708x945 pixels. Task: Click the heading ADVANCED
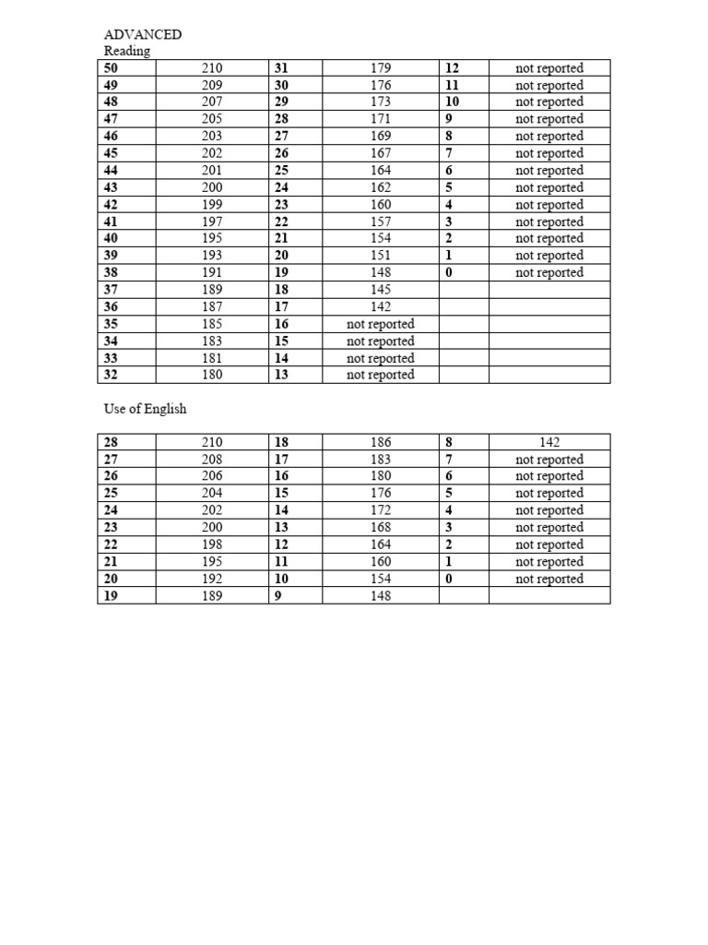(143, 34)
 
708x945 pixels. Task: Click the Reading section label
(127, 51)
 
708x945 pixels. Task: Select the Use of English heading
(146, 408)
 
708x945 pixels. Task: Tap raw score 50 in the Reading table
(112, 68)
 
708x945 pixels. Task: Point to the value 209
(212, 85)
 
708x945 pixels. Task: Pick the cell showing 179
(381, 68)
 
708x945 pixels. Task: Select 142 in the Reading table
(381, 306)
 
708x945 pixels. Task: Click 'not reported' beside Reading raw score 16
(381, 324)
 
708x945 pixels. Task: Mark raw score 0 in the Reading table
(449, 272)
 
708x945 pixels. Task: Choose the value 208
(212, 459)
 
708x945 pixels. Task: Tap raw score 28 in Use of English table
(112, 442)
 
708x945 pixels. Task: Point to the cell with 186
(381, 442)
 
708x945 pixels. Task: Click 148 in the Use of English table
(381, 596)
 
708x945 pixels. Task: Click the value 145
(381, 290)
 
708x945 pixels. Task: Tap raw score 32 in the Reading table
(112, 375)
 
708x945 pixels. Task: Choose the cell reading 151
(381, 256)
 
